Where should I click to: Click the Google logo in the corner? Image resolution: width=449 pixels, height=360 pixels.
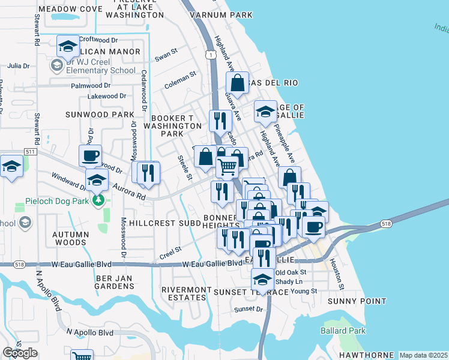click(x=20, y=353)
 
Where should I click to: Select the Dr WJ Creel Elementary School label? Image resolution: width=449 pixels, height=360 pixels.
click(x=101, y=65)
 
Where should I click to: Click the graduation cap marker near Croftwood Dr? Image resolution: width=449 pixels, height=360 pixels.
click(x=68, y=46)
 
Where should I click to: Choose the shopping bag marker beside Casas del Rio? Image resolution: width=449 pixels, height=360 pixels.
click(x=238, y=83)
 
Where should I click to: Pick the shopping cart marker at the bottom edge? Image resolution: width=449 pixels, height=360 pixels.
click(x=82, y=355)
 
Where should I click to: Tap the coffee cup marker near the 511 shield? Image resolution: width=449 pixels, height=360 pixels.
click(x=90, y=155)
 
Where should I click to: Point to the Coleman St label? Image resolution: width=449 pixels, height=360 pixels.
click(x=181, y=80)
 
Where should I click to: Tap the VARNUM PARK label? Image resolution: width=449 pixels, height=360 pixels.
click(x=214, y=14)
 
